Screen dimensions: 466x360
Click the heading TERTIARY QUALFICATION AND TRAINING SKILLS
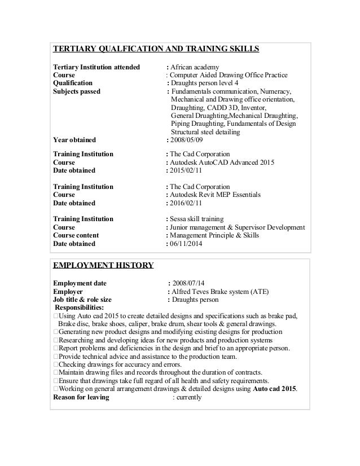156,49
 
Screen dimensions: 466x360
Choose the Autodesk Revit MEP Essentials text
216,195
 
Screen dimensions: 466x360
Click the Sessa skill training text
197,219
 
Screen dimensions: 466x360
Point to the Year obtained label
74,140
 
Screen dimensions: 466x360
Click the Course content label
76,236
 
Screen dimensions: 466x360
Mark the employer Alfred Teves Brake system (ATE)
221,291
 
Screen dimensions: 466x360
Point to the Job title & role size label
82,299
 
